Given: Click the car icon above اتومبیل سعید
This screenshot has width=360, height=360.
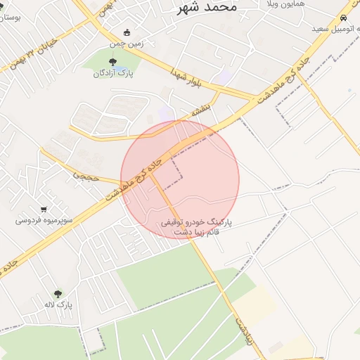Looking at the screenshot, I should (343, 18).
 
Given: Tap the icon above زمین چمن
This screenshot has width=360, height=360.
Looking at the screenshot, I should (127, 32).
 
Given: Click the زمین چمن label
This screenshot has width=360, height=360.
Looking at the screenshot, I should (127, 43).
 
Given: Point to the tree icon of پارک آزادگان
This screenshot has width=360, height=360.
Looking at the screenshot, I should (113, 62).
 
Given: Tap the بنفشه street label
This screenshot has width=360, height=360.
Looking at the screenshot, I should (201, 110).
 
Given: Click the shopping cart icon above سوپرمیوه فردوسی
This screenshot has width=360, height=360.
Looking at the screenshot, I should (44, 209).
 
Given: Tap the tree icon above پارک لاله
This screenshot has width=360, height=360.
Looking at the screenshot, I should (58, 294).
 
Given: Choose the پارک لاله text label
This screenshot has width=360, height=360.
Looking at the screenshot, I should (58, 304).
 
